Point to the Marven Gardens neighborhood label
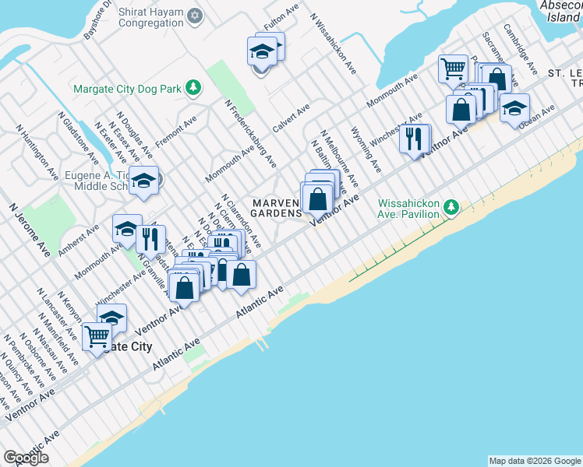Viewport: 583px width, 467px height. (x=276, y=208)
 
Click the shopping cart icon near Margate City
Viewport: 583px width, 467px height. (x=97, y=337)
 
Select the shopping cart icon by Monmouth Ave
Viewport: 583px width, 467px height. (x=452, y=69)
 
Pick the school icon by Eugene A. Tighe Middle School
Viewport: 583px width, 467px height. (x=143, y=181)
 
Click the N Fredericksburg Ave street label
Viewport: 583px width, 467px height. (x=250, y=133)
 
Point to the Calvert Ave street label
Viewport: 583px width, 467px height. (x=291, y=117)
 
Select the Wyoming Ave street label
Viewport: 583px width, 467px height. (x=366, y=149)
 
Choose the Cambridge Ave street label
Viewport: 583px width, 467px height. (x=520, y=49)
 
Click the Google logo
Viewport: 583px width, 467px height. (x=26, y=458)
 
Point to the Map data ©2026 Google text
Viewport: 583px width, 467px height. (x=534, y=461)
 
